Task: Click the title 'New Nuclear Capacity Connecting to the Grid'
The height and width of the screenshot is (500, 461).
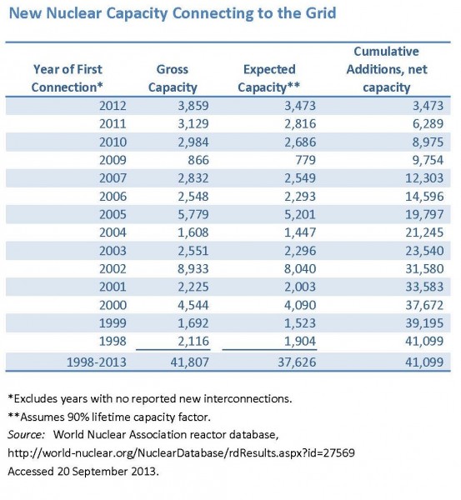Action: click(x=173, y=13)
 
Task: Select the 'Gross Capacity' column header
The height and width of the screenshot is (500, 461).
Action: click(x=173, y=78)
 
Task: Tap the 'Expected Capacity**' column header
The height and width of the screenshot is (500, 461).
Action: click(x=269, y=78)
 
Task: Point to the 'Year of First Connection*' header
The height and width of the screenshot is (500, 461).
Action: click(x=68, y=78)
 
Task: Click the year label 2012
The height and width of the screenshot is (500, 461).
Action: click(x=113, y=106)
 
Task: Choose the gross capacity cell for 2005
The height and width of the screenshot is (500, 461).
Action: click(x=193, y=214)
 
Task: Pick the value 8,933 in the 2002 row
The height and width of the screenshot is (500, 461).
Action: click(x=193, y=269)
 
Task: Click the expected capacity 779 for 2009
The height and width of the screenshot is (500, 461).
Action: click(x=306, y=160)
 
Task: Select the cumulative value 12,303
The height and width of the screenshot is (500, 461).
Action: click(x=424, y=178)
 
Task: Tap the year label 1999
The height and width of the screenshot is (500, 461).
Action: click(x=113, y=323)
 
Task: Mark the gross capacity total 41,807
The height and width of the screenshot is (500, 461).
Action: click(x=189, y=362)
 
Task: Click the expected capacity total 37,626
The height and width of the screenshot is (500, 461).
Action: click(x=297, y=362)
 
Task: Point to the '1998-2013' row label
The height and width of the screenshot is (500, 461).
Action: click(x=97, y=362)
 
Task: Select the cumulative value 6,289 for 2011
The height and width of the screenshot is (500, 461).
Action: click(x=428, y=123)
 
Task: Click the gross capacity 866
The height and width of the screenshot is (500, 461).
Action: click(x=198, y=160)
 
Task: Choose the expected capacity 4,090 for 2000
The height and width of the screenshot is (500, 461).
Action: click(x=300, y=305)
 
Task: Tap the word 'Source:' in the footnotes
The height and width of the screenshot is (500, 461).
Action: click(x=26, y=435)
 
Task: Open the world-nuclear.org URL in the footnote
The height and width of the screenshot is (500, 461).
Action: click(x=181, y=453)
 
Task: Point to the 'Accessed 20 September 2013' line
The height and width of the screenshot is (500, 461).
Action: click(x=83, y=472)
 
